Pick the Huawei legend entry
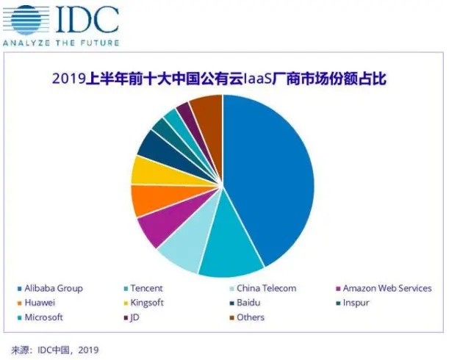click(x=40, y=303)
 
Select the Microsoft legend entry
click(x=43, y=317)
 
